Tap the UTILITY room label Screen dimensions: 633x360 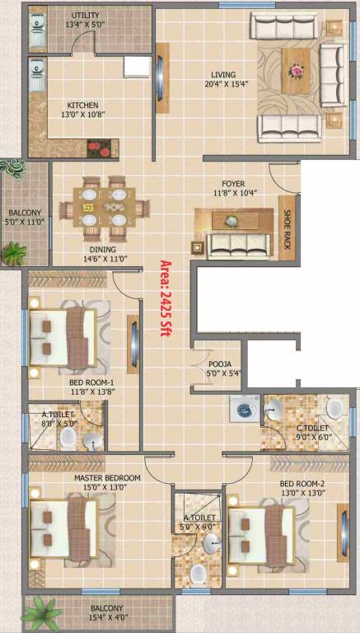pos(86,16)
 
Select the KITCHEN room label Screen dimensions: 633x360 pos(83,105)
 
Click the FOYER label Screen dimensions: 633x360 pos(233,184)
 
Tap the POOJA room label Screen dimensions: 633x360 pos(219,363)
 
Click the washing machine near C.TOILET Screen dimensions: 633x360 pos(245,407)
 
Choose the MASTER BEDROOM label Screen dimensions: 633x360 pos(107,478)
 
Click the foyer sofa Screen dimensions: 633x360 pos(239,244)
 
